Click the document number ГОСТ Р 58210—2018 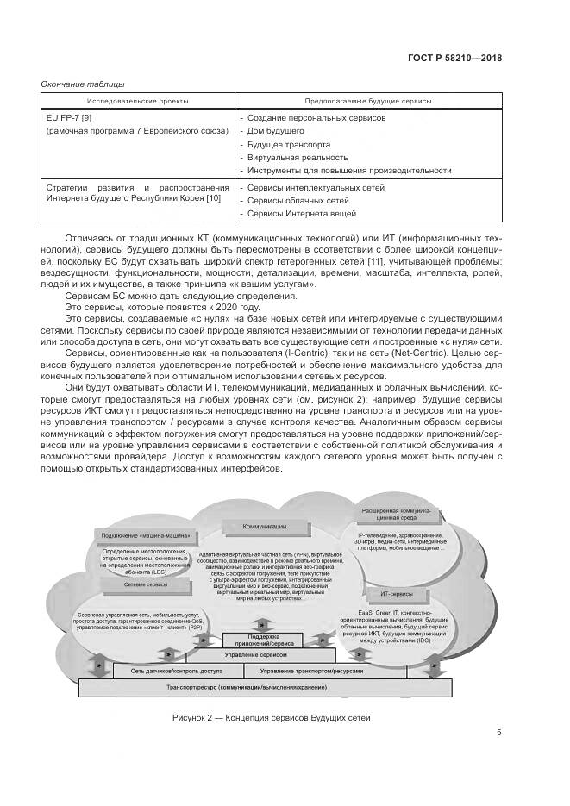[x=454, y=59]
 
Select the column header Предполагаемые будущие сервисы [x=369, y=101]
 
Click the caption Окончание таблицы [x=83, y=84]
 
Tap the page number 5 [x=498, y=733]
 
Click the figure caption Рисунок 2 [x=271, y=716]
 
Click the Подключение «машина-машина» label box [x=140, y=536]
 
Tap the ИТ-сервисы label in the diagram [x=395, y=595]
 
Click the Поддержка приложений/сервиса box [x=260, y=640]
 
